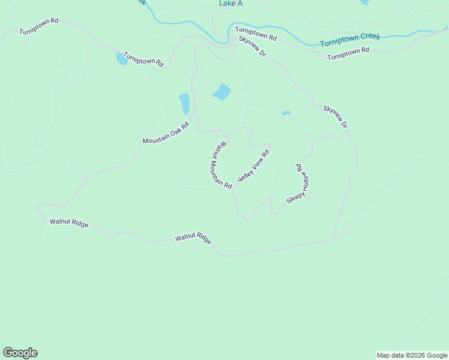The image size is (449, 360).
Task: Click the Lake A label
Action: click(x=231, y=4)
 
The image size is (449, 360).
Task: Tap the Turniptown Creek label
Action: click(x=350, y=40)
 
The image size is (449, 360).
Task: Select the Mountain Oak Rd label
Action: click(x=166, y=133)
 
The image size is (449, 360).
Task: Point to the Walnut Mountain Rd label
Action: click(x=221, y=165)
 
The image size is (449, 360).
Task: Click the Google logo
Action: click(x=20, y=353)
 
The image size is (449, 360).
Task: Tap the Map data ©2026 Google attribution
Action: click(x=412, y=355)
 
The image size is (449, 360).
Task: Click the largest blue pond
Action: click(x=221, y=92)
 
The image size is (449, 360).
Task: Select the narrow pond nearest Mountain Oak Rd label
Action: click(x=184, y=103)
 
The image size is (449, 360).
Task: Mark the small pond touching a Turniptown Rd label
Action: click(x=122, y=59)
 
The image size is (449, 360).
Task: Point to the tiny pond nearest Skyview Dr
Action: click(x=286, y=112)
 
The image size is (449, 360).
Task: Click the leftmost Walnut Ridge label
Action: click(x=69, y=223)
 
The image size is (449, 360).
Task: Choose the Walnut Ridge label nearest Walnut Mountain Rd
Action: click(x=193, y=238)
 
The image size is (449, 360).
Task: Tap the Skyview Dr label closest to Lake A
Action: click(x=252, y=46)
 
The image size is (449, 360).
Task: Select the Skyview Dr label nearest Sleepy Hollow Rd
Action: click(x=335, y=116)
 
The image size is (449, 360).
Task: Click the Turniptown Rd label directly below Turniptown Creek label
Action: click(x=348, y=54)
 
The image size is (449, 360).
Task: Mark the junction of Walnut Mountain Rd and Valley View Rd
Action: click(x=235, y=185)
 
